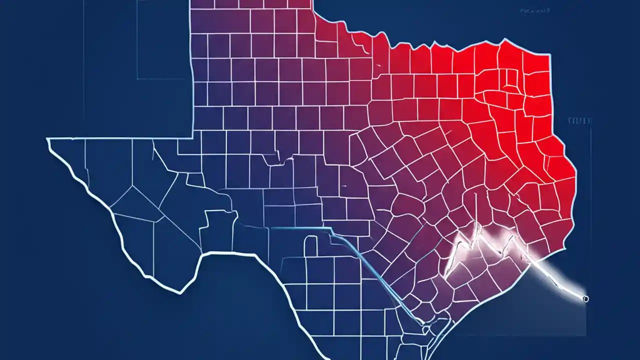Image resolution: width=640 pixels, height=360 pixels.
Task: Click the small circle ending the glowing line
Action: [x=585, y=299]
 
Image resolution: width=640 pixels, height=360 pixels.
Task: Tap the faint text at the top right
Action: [x=535, y=10]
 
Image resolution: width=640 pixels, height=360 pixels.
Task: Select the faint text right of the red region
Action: [x=580, y=120]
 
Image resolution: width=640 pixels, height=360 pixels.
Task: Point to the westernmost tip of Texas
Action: [x=48, y=140]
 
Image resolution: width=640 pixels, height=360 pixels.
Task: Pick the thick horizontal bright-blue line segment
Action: [x=300, y=228]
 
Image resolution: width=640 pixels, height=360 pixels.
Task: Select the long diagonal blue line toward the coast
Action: [x=380, y=280]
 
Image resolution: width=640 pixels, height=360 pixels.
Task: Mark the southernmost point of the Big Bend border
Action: [x=176, y=291]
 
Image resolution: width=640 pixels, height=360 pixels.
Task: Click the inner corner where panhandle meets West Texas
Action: [x=193, y=137]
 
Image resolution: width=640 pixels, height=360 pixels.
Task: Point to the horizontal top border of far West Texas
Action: [x=120, y=138]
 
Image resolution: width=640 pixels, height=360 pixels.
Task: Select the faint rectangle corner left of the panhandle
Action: [x=138, y=78]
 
